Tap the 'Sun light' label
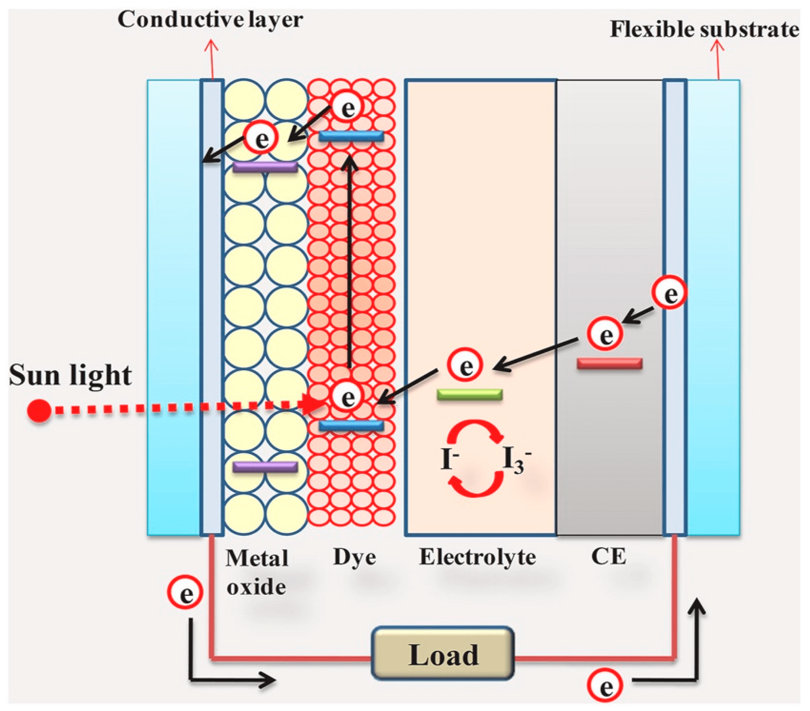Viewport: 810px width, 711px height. coord(70,375)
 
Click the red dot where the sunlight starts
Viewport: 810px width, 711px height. coord(39,410)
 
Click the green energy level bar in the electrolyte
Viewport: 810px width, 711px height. coord(470,395)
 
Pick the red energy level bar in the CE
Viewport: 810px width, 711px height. coord(610,363)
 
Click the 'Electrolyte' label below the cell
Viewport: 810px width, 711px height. coord(477,557)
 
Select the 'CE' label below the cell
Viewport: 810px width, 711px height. coord(609,557)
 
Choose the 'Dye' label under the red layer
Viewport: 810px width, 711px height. coord(354,557)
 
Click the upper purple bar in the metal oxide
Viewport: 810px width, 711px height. coord(265,167)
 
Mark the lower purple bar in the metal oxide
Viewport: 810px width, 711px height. coord(265,467)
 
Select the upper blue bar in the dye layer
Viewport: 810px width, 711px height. coord(351,137)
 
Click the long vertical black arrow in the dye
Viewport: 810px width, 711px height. coord(349,261)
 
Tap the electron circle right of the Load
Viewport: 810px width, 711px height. coord(605,686)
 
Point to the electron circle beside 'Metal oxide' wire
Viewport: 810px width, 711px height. coord(185,592)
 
